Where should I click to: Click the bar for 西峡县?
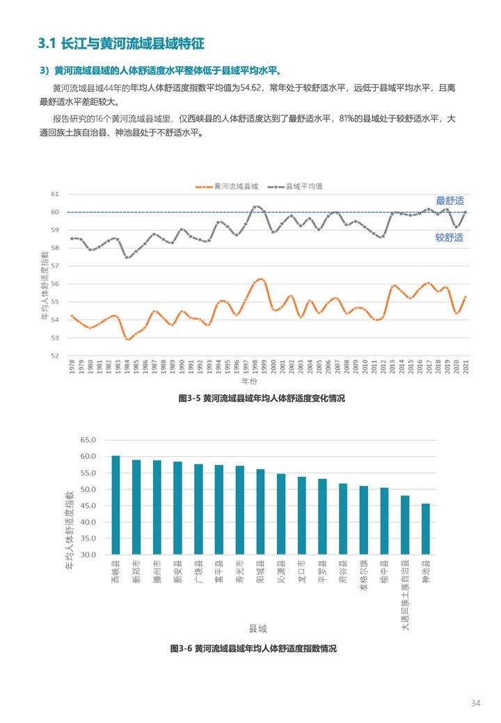tap(116, 505)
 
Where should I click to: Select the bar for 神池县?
tap(425, 529)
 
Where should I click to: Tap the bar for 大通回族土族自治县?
tap(404, 525)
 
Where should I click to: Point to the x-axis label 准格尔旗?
tap(363, 578)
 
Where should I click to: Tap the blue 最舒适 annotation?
tap(450, 200)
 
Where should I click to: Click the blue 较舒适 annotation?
tap(450, 237)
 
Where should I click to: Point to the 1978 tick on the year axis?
tap(72, 367)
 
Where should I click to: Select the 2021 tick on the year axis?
tap(466, 367)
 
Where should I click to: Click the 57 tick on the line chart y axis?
tap(55, 266)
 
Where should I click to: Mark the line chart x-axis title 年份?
tap(249, 382)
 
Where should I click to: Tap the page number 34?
tap(476, 703)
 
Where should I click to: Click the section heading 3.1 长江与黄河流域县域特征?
tap(121, 44)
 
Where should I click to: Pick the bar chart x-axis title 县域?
tap(257, 628)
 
